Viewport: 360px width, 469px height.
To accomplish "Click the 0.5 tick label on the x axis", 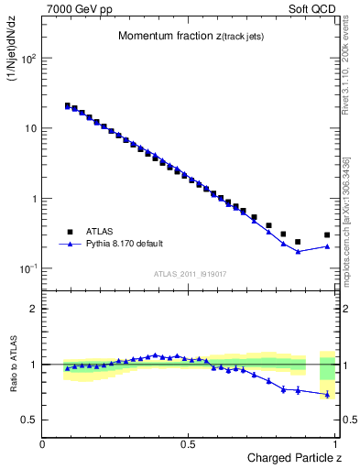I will click(x=190, y=443).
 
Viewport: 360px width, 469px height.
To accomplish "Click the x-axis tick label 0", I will click(x=43, y=443).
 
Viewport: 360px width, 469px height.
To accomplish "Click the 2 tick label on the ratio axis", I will click(x=34, y=309).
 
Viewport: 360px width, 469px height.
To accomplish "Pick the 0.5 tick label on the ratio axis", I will click(x=30, y=420).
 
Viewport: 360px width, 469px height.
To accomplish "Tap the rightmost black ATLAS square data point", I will click(x=327, y=234).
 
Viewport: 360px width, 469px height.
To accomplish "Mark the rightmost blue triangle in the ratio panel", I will click(x=327, y=395).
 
